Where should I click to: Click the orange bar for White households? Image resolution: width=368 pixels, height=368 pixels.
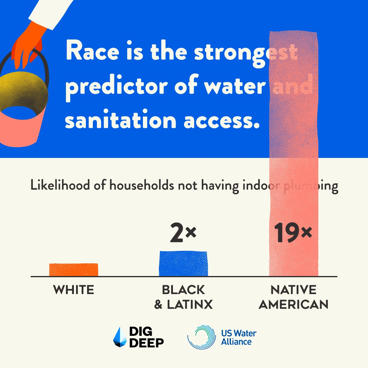74,270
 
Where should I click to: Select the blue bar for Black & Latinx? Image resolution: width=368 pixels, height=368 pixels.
183,264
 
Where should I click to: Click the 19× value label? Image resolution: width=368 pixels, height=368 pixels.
293,233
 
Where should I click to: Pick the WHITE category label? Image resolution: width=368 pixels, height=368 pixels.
74,290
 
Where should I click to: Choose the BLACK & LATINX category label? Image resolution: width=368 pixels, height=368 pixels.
183,297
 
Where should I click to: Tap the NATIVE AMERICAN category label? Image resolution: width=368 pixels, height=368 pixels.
293,297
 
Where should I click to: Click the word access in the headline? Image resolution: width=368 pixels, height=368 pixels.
219,120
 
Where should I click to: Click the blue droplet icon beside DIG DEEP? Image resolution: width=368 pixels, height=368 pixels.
120,337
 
